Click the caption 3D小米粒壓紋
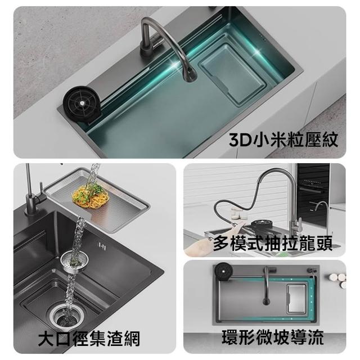(x=283, y=139)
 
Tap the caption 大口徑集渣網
(x=89, y=339)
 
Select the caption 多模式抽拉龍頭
(x=273, y=244)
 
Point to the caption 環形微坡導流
(x=272, y=337)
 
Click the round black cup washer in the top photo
(x=82, y=101)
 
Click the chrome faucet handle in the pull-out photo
(x=298, y=224)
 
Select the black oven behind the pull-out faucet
(x=313, y=196)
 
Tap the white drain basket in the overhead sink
(x=296, y=299)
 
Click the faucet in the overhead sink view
(x=267, y=286)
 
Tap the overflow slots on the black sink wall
(x=102, y=246)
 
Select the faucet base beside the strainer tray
(x=31, y=204)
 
